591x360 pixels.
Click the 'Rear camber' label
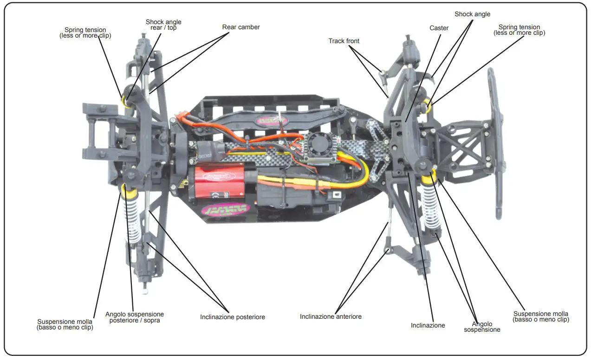click(240, 27)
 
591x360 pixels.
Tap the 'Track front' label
click(344, 41)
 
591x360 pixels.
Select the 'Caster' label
click(439, 28)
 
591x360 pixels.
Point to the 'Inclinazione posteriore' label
click(232, 317)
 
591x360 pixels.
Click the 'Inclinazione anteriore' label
click(331, 317)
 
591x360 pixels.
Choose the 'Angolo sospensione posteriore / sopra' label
click(135, 317)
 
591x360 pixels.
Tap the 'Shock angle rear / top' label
click(163, 25)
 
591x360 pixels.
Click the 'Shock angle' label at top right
click(472, 14)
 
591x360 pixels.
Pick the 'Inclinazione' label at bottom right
click(428, 326)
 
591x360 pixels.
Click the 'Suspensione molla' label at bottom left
click(65, 324)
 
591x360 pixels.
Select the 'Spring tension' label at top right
click(519, 30)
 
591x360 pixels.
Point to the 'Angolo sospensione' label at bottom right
click(482, 327)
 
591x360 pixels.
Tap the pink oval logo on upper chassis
click(273, 120)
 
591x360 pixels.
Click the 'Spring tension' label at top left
click(85, 33)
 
